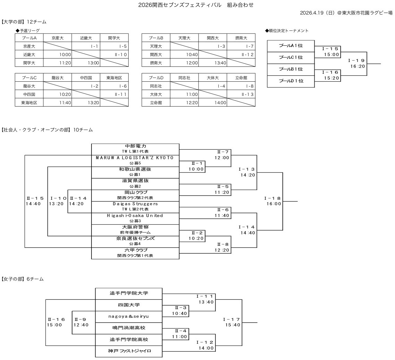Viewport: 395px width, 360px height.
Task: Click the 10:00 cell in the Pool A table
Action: [58, 54]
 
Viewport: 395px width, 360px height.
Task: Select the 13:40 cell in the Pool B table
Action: [213, 63]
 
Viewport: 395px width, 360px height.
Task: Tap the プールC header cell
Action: [29, 77]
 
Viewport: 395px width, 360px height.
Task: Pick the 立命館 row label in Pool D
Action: [156, 102]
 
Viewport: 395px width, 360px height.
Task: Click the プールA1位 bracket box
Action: [291, 46]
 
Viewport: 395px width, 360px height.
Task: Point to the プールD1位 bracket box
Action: [291, 81]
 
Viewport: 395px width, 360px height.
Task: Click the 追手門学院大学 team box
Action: [129, 293]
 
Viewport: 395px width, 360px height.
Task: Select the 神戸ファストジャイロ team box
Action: [129, 351]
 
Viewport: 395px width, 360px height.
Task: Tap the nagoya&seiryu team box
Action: [129, 316]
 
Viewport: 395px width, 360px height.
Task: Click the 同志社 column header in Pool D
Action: [184, 77]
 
